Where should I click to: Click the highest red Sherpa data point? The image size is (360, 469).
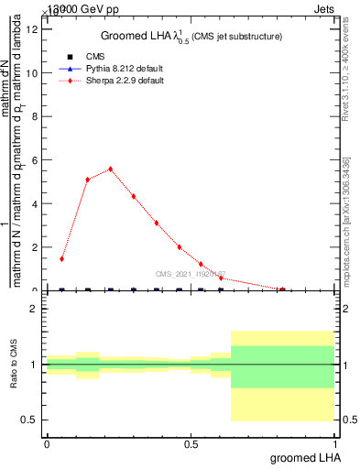pyautogui.click(x=111, y=169)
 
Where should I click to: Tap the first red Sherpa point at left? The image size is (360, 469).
pyautogui.click(x=61, y=259)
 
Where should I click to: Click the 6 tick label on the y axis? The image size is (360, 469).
pyautogui.click(x=35, y=160)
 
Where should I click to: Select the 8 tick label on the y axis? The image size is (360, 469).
pyautogui.click(x=35, y=116)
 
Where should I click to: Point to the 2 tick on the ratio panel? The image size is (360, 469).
pyautogui.click(x=34, y=309)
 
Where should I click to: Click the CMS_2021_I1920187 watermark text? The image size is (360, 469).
pyautogui.click(x=190, y=273)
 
